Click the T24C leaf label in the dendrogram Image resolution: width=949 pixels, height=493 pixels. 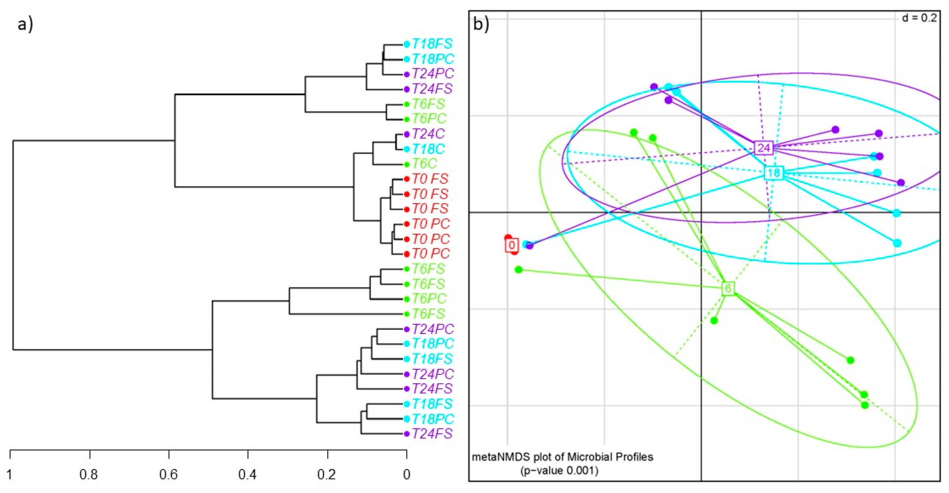(x=428, y=134)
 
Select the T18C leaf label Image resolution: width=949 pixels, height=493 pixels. (x=428, y=149)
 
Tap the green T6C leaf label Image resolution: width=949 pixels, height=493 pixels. (x=424, y=164)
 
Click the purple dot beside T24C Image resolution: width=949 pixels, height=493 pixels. (x=407, y=134)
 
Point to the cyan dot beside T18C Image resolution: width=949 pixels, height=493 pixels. (x=407, y=149)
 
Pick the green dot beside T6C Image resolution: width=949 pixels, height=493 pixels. (x=407, y=164)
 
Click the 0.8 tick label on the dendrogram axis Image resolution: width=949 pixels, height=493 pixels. (x=89, y=474)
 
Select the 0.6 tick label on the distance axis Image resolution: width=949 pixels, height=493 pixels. (x=168, y=474)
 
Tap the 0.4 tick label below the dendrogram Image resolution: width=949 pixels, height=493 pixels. (x=248, y=474)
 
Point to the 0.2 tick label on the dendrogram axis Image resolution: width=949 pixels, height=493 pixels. (x=327, y=474)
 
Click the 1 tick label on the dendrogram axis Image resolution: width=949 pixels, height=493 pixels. (x=10, y=474)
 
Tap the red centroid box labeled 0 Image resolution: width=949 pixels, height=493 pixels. (x=511, y=245)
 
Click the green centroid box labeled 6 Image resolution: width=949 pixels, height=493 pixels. (x=728, y=289)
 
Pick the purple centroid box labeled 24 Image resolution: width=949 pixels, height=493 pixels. (x=764, y=148)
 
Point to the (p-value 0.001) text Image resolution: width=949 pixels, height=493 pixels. (x=559, y=471)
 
